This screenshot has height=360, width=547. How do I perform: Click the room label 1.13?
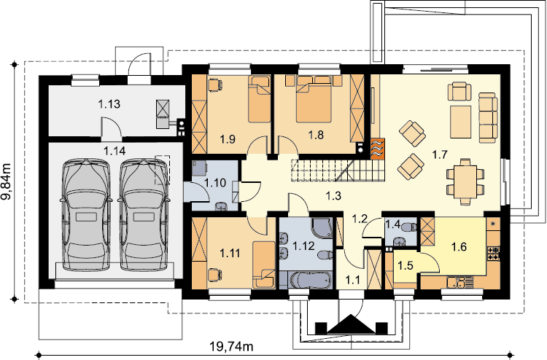109,104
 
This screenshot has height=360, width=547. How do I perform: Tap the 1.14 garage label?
115,151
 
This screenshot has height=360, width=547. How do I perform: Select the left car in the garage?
86,214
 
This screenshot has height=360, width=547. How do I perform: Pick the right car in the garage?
144,214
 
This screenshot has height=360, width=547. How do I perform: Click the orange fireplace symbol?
378,149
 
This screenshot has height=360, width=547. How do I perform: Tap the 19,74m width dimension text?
231,346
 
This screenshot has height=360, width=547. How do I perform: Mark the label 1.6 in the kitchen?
459,247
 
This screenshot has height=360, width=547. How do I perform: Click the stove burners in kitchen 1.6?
494,254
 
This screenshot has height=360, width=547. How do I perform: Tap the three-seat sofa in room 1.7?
488,118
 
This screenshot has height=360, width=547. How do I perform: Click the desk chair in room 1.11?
215,275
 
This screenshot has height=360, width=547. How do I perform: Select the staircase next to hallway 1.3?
338,170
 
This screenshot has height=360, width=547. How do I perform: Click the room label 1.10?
215,183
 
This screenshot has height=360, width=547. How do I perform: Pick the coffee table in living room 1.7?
460,122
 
